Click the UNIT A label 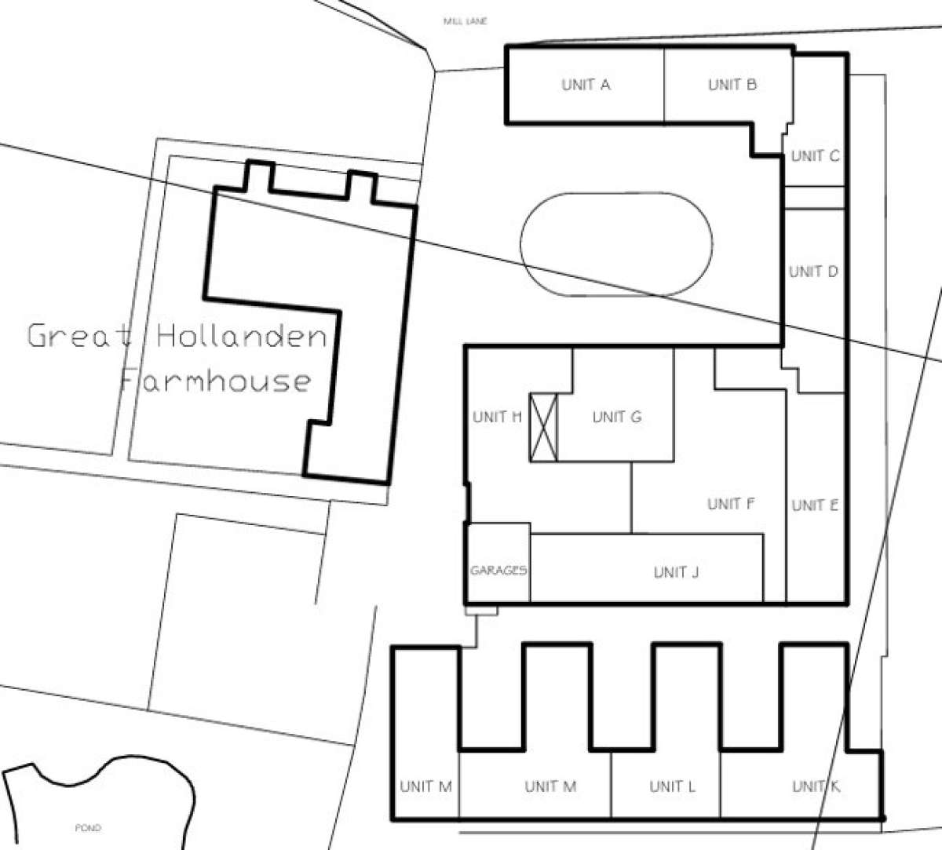pyautogui.click(x=586, y=85)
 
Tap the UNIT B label pyautogui.click(x=732, y=85)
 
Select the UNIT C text pyautogui.click(x=815, y=156)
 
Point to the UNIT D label pyautogui.click(x=813, y=272)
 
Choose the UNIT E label pyautogui.click(x=815, y=505)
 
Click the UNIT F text pyautogui.click(x=731, y=504)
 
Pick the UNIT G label pyautogui.click(x=617, y=417)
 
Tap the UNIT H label pyautogui.click(x=497, y=417)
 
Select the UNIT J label pyautogui.click(x=676, y=572)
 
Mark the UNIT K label pyautogui.click(x=816, y=786)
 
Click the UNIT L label pyautogui.click(x=673, y=786)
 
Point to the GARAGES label pyautogui.click(x=498, y=570)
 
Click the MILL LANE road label pyautogui.click(x=466, y=21)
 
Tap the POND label pyautogui.click(x=88, y=827)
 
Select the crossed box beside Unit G pyautogui.click(x=544, y=428)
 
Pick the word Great pyautogui.click(x=80, y=336)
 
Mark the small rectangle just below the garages pyautogui.click(x=481, y=611)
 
